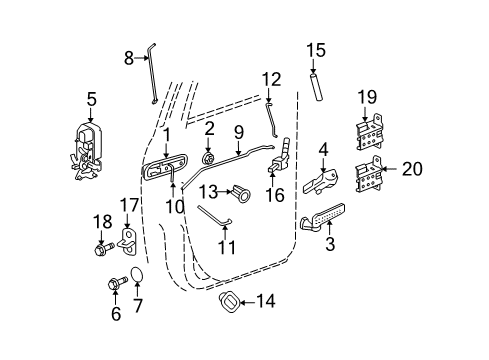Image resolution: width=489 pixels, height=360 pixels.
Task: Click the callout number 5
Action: click(x=91, y=99)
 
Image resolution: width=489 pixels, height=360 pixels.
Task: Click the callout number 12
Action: click(x=271, y=78)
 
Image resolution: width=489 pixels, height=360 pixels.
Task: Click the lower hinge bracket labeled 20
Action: click(x=370, y=176)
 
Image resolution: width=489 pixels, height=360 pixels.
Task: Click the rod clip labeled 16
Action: click(x=277, y=168)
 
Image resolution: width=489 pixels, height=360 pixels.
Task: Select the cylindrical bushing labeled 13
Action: click(x=241, y=190)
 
